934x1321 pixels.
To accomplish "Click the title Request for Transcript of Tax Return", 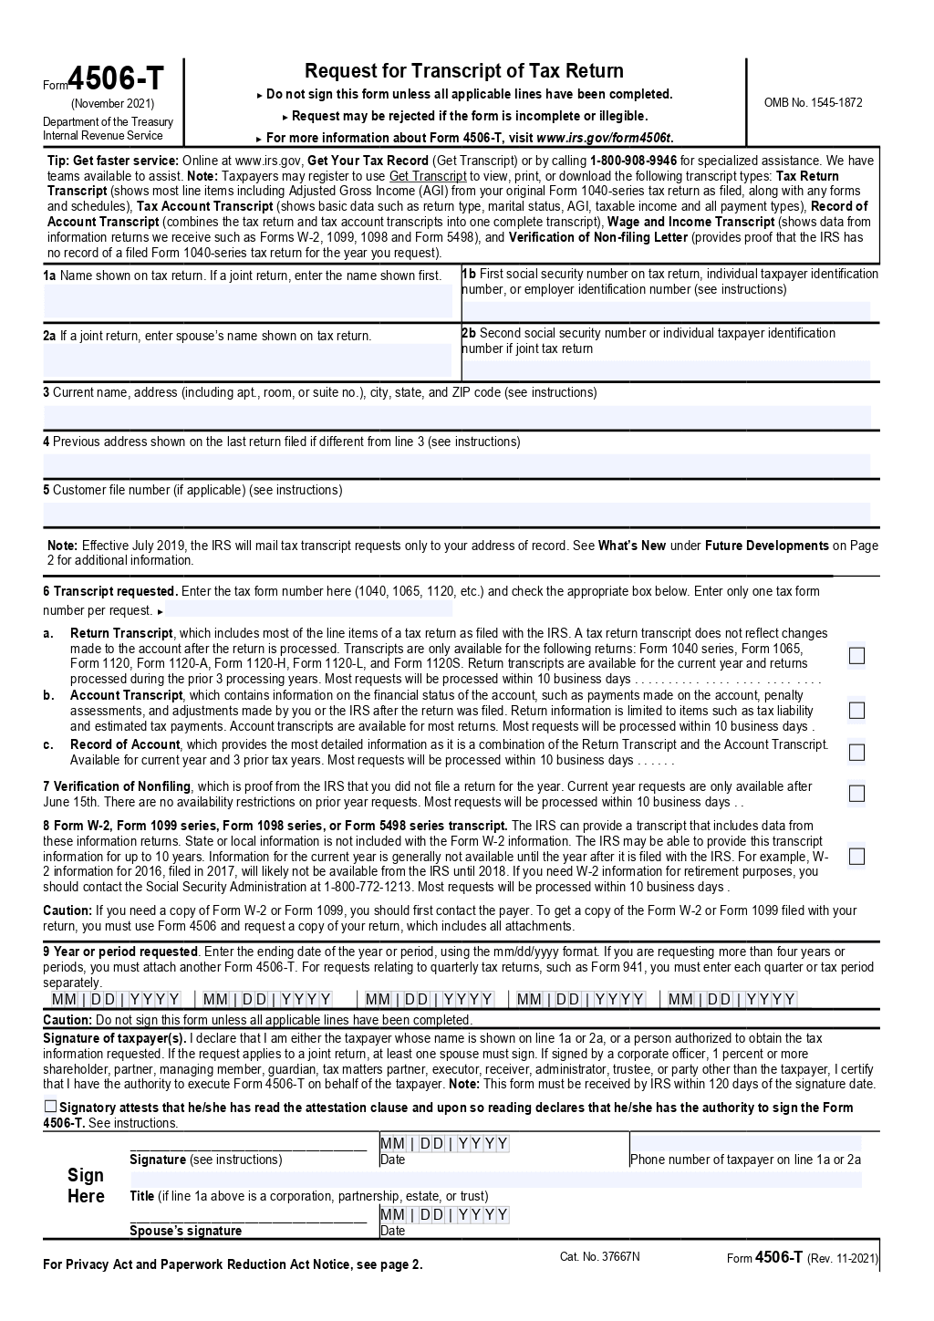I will pos(463,71).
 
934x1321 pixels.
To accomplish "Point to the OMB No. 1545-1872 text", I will pos(813,102).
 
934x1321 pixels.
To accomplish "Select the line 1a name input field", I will pos(248,300).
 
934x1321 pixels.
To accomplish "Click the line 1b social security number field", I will pos(666,310).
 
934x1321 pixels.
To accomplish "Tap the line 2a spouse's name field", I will pos(248,360).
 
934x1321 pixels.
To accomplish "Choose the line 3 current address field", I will pos(456,416).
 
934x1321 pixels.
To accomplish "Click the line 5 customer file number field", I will pos(456,513).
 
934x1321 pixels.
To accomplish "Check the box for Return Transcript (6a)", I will pos(856,656).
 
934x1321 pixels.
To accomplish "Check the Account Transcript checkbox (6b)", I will pos(856,710).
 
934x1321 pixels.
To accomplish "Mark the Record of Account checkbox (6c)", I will pos(856,753).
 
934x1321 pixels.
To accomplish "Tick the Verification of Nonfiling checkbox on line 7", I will pos(856,794).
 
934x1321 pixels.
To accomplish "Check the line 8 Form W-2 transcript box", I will pos(856,857).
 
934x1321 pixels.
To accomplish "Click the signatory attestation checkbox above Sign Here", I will pos(50,1107).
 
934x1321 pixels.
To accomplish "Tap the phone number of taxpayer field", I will pos(745,1144).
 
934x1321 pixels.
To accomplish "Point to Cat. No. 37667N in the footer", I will pos(599,1256).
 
